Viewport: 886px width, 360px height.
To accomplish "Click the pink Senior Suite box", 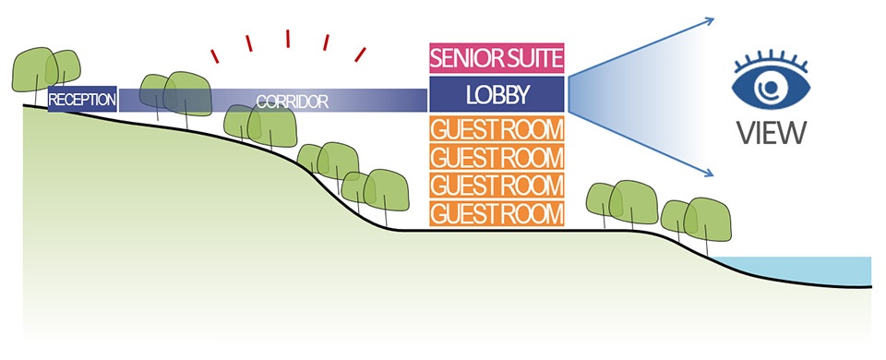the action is tap(497, 57).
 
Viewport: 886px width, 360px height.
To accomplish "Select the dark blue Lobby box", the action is tap(497, 94).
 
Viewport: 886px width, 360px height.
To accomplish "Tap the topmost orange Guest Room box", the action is tap(497, 129).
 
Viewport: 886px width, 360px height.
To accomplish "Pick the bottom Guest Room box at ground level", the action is tap(497, 213).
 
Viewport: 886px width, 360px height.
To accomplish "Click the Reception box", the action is tap(82, 99).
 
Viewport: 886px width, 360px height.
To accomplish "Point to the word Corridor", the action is tap(293, 102).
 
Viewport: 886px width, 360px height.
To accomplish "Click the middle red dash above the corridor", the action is tap(288, 39).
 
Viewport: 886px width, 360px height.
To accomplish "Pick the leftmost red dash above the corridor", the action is tap(215, 56).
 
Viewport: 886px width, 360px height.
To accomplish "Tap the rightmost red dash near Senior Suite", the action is tap(360, 54).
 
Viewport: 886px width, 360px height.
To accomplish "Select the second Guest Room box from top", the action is tap(497, 157).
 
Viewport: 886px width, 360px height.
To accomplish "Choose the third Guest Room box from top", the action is tap(497, 186).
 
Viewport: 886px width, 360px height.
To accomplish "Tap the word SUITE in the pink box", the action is tap(532, 57).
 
